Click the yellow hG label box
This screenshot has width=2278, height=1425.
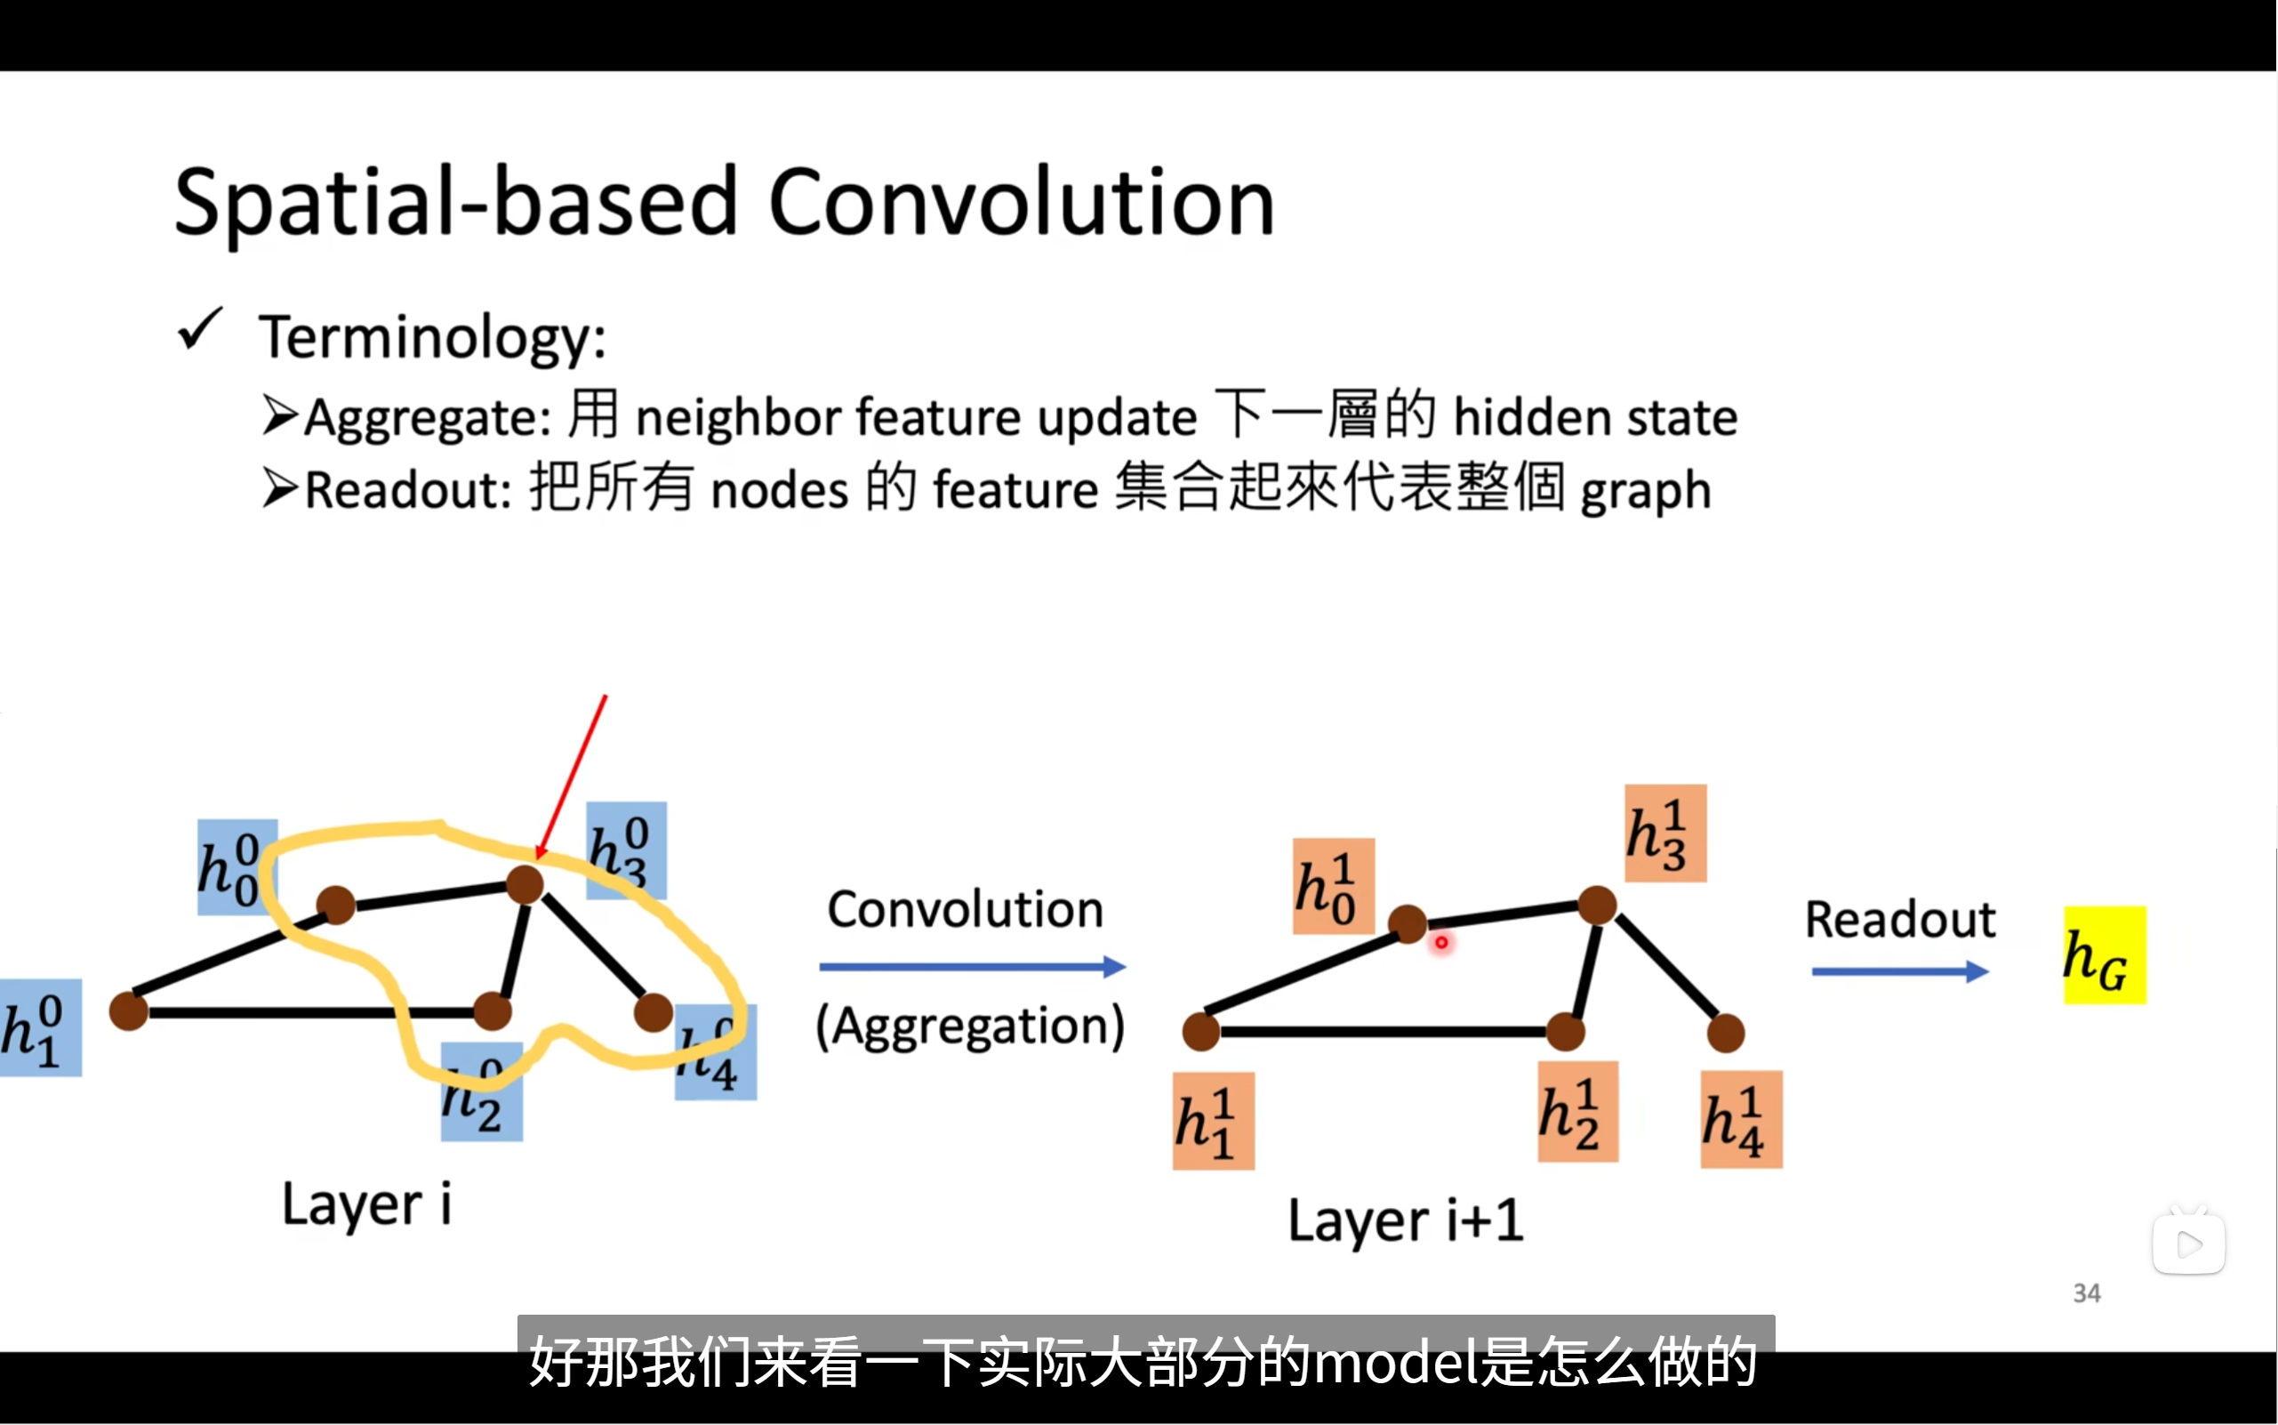coord(2104,954)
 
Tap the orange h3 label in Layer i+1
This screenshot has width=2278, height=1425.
coord(1664,833)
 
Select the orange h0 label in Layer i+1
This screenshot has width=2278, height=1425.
coord(1333,886)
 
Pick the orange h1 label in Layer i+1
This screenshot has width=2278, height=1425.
coord(1213,1121)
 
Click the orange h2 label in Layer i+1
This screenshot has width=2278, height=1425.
coord(1577,1112)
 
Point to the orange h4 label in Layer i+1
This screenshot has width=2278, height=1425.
coord(1740,1120)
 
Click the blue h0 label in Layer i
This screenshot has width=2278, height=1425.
coord(236,867)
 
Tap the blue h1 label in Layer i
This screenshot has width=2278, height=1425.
coord(40,1027)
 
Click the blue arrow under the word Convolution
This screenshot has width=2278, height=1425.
coord(971,967)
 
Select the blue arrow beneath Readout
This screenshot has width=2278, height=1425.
coord(1899,971)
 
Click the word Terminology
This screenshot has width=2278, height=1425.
coord(432,336)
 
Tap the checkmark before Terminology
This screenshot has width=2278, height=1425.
coord(200,330)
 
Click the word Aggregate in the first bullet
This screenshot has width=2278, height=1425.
coord(426,417)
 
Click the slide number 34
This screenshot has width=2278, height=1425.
coord(2086,1293)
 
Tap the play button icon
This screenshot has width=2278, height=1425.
coord(2188,1244)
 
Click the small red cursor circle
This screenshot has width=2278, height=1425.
coord(1440,943)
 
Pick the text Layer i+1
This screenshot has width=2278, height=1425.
coord(1405,1220)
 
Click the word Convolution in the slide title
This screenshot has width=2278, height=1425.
coord(1022,202)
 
